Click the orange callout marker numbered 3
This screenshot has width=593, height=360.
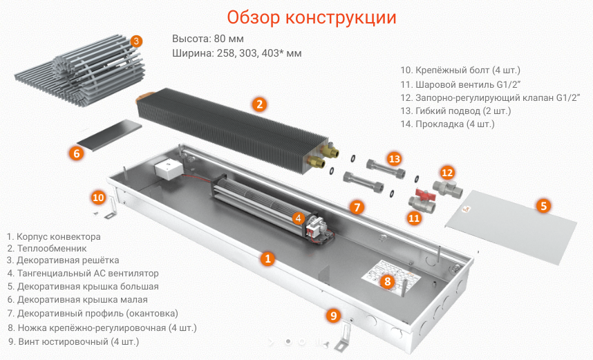tap(136, 41)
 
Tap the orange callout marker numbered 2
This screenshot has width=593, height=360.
tap(259, 105)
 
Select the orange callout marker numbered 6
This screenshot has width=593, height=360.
tap(77, 153)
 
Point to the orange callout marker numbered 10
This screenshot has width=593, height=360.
tap(99, 198)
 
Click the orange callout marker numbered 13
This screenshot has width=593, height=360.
tap(394, 159)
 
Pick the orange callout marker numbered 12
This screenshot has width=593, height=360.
tap(447, 172)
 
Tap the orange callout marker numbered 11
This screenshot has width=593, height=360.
tap(414, 218)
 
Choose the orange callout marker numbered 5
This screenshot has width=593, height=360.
tap(543, 205)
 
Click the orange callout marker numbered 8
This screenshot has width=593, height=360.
tap(387, 281)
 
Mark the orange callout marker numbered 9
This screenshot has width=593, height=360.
tap(333, 316)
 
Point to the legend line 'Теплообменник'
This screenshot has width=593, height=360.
tap(51, 248)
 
